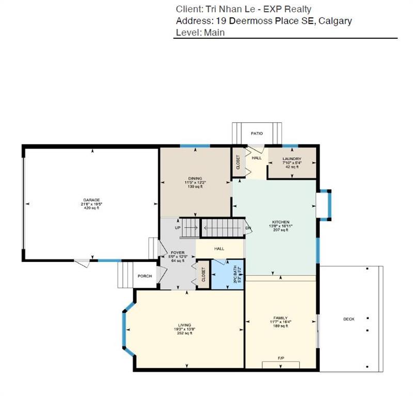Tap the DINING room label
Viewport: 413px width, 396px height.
pyautogui.click(x=195, y=178)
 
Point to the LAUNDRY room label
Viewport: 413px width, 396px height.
pyautogui.click(x=292, y=159)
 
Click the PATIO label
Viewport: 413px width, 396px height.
pyautogui.click(x=257, y=134)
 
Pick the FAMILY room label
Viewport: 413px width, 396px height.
pyautogui.click(x=280, y=318)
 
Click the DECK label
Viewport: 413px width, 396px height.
pyautogui.click(x=349, y=319)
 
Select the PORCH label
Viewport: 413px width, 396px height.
pyautogui.click(x=145, y=276)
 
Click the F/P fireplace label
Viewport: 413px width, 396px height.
pyautogui.click(x=281, y=358)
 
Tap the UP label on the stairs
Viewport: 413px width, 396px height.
pyautogui.click(x=178, y=227)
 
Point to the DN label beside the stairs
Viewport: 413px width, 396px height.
pyautogui.click(x=248, y=228)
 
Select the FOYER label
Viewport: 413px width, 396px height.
pyautogui.click(x=178, y=253)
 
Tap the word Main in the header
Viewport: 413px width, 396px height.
pyautogui.click(x=214, y=32)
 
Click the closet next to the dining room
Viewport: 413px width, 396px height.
pyautogui.click(x=238, y=162)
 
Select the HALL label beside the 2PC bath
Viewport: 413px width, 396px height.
pyautogui.click(x=219, y=249)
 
